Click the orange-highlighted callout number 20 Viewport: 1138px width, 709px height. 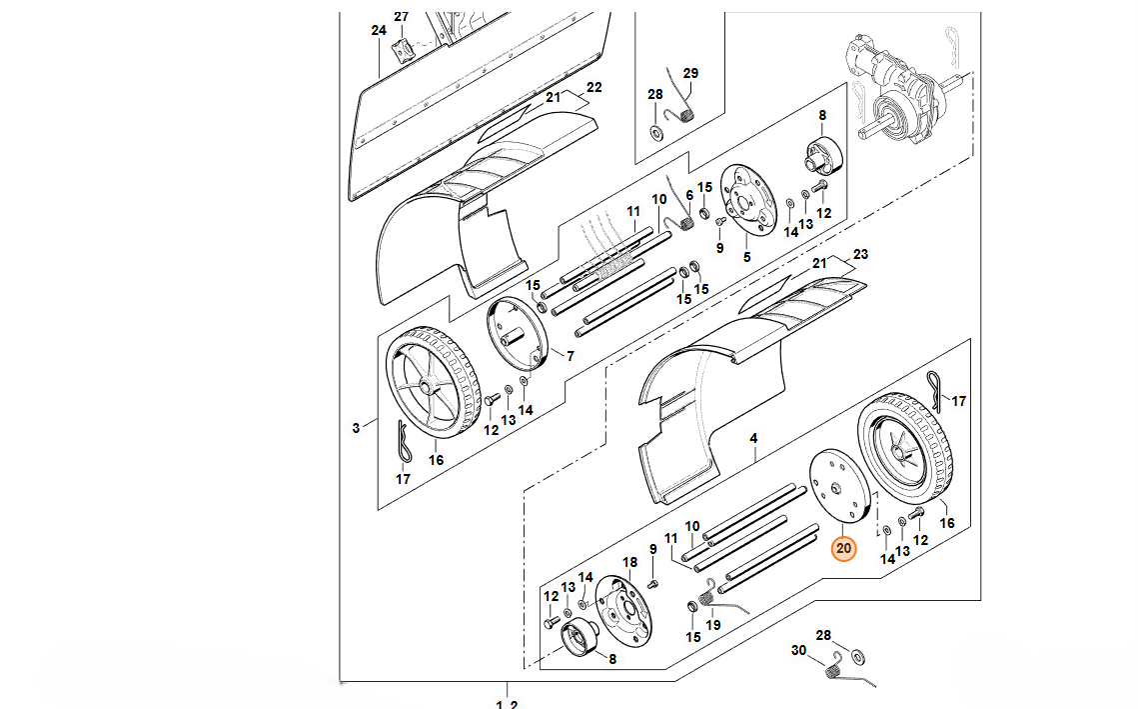point(844,548)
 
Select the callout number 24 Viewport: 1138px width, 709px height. point(378,31)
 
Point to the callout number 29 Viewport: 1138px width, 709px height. point(690,73)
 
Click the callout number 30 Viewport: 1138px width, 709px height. point(798,650)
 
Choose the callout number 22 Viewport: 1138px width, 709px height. point(594,88)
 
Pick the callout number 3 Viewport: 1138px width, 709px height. point(356,429)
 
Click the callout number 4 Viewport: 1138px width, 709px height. point(753,438)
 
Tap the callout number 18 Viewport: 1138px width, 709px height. point(629,563)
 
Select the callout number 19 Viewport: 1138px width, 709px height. point(712,625)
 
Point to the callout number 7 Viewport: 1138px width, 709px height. point(570,356)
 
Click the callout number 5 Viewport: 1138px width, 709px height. point(745,257)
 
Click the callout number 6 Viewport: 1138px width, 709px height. point(688,196)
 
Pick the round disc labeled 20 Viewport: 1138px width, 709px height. point(836,484)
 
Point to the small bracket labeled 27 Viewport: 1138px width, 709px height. point(403,50)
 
